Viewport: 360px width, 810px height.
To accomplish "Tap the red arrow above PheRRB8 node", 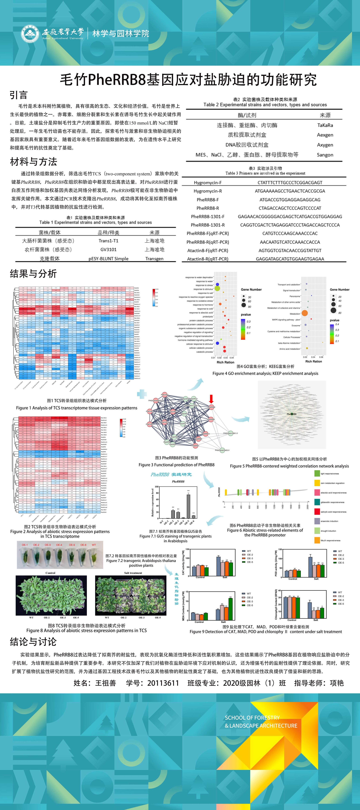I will pos(211,399).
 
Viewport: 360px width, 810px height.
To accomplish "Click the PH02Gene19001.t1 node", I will pos(230,433).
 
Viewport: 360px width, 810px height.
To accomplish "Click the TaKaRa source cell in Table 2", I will pos(325,125).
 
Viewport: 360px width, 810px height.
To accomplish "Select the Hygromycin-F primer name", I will pos(208,182).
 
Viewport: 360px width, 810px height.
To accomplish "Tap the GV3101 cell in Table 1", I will pos(108,249).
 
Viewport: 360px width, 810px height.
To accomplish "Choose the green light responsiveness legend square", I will pos(317,473).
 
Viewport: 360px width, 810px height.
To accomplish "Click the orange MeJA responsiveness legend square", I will pos(317,540).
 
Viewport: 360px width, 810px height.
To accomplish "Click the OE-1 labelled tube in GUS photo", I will pos(25,556).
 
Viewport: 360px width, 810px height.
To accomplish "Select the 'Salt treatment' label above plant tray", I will pos(133,573).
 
